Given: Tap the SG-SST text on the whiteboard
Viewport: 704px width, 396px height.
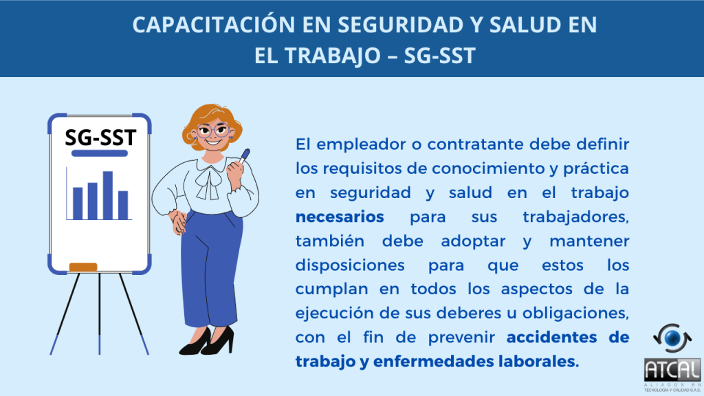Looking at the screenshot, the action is [x=100, y=137].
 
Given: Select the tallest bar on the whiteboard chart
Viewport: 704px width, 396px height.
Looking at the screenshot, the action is [x=108, y=195].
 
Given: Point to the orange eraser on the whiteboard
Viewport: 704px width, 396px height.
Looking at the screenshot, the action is [x=83, y=267].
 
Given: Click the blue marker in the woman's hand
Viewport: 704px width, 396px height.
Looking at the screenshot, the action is [x=244, y=156].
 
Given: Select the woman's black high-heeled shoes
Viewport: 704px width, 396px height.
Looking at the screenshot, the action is [x=207, y=342].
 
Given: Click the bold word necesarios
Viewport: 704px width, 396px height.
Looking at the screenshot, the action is [x=340, y=217].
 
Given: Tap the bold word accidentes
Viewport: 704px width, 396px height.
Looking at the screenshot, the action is [x=552, y=337].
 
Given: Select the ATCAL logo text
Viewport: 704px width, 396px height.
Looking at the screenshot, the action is [x=672, y=371].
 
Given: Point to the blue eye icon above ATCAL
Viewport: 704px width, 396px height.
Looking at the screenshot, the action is [x=672, y=338].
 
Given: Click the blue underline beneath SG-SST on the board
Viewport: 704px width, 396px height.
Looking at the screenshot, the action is [x=100, y=153].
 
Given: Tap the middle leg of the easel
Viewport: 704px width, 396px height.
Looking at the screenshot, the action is [x=99, y=313].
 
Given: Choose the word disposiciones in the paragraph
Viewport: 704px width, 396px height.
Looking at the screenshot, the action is [x=350, y=265].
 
